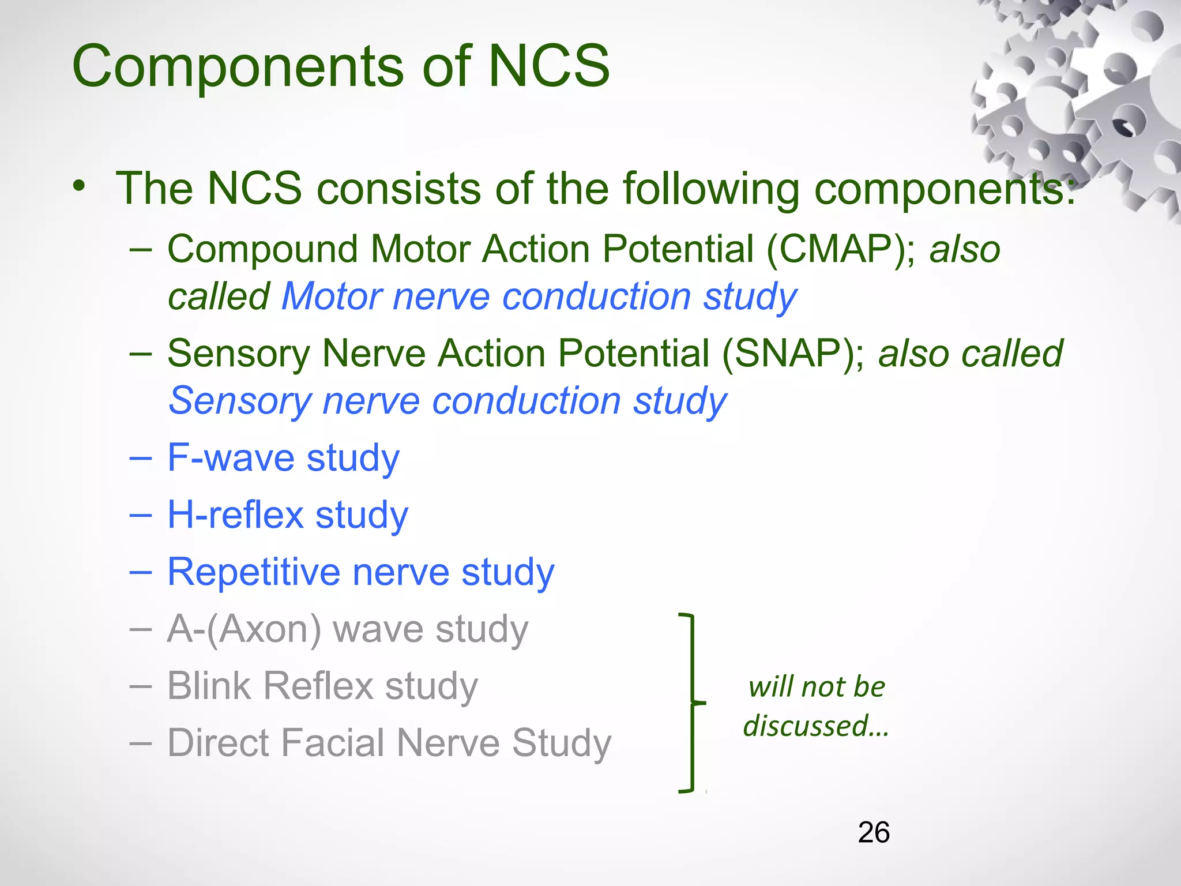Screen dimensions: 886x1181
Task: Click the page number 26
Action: pos(873,832)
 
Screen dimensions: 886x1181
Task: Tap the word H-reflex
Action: pos(235,515)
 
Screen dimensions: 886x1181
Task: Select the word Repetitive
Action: pos(254,572)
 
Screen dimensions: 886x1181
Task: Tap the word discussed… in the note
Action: pos(815,726)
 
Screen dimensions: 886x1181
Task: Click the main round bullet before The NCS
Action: pos(80,186)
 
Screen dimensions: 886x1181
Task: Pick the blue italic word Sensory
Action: pos(239,401)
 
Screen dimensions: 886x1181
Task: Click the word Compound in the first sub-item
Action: pos(262,250)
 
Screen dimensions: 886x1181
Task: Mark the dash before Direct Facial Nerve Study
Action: pos(140,744)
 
